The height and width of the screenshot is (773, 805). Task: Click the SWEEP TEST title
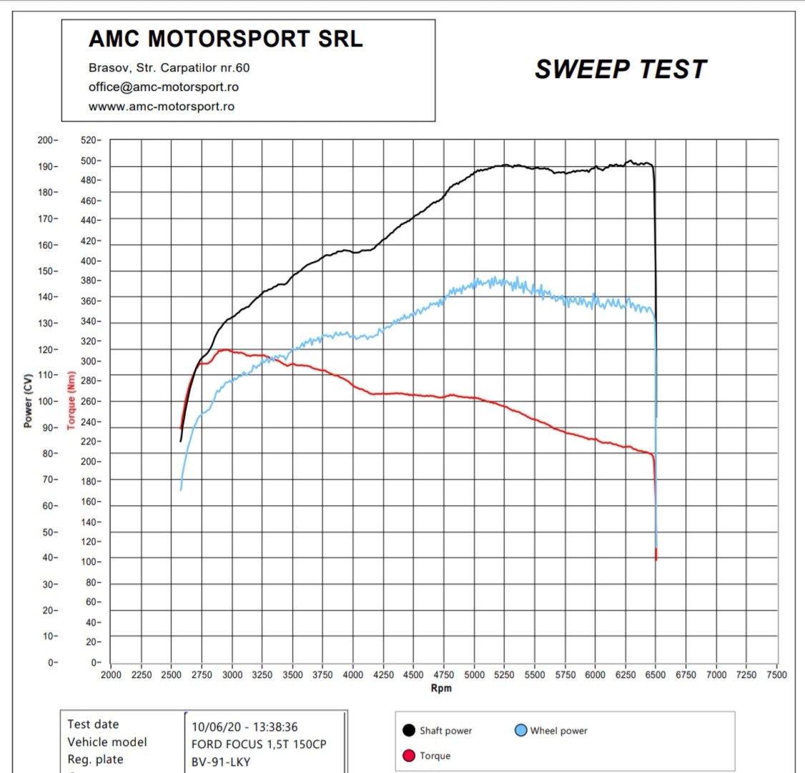pyautogui.click(x=620, y=69)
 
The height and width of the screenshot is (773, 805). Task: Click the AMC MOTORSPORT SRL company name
pyautogui.click(x=225, y=39)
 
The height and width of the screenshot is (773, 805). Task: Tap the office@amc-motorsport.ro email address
pyautogui.click(x=164, y=87)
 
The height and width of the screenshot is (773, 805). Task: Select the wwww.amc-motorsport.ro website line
pyautogui.click(x=162, y=107)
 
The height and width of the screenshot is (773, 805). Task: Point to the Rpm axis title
pyautogui.click(x=441, y=689)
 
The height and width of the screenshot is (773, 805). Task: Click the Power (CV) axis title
pyautogui.click(x=28, y=401)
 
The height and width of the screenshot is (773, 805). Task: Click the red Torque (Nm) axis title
pyautogui.click(x=71, y=401)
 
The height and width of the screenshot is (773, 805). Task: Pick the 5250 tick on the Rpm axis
pyautogui.click(x=504, y=674)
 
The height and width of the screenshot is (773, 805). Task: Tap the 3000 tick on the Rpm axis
pyautogui.click(x=232, y=674)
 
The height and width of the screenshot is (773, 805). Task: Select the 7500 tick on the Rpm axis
pyautogui.click(x=776, y=674)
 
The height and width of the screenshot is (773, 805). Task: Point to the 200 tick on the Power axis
pyautogui.click(x=46, y=140)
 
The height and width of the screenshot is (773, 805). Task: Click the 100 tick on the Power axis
pyautogui.click(x=46, y=402)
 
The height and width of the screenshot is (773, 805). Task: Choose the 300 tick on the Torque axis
pyautogui.click(x=90, y=361)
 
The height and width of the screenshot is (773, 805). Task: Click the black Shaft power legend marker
pyautogui.click(x=409, y=730)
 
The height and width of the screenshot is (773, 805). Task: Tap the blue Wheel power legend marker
pyautogui.click(x=520, y=730)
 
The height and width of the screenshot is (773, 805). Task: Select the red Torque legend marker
pyautogui.click(x=409, y=755)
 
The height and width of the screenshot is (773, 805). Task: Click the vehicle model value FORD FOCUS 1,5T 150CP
pyautogui.click(x=259, y=744)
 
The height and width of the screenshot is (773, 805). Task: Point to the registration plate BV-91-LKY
pyautogui.click(x=221, y=762)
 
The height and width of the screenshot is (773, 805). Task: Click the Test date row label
pyautogui.click(x=93, y=724)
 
